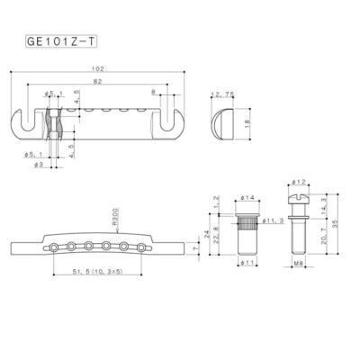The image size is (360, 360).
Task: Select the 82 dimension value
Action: pos(108,81)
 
